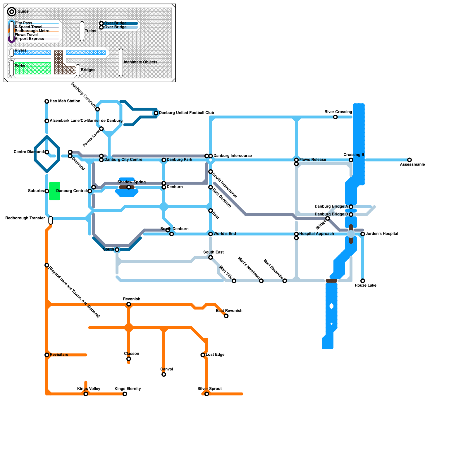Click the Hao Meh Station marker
pos(47,101)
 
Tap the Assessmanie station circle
pos(409,160)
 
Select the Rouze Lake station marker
pos(363,281)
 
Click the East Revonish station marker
pos(226,316)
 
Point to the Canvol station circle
pos(164,374)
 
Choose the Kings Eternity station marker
pos(125,394)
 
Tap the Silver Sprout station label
pos(209,389)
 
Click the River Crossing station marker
pos(335,117)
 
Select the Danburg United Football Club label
pos(186,113)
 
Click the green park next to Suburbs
pos(54,191)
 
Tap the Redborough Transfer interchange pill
pos(51,220)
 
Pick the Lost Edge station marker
pos(203,355)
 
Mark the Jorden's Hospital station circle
pos(363,234)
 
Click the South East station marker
pos(211,257)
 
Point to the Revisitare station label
pos(59,355)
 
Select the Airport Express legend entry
pos(29,39)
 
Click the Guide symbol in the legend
pos(12,12)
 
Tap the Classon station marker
pos(129,359)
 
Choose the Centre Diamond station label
pos(29,152)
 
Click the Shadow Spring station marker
pos(129,187)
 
